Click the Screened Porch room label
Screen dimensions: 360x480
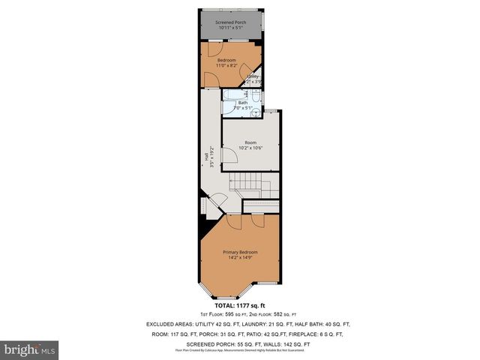click(x=231, y=22)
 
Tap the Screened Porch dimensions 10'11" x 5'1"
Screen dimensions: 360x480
click(x=231, y=28)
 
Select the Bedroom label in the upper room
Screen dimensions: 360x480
click(x=226, y=59)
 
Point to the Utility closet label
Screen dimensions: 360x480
click(x=253, y=76)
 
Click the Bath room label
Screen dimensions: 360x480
click(x=242, y=103)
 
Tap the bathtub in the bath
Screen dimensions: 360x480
click(x=232, y=95)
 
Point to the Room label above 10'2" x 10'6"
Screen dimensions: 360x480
click(x=250, y=142)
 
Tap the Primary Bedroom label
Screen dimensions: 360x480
click(x=240, y=251)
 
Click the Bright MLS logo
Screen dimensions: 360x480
click(x=30, y=349)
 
